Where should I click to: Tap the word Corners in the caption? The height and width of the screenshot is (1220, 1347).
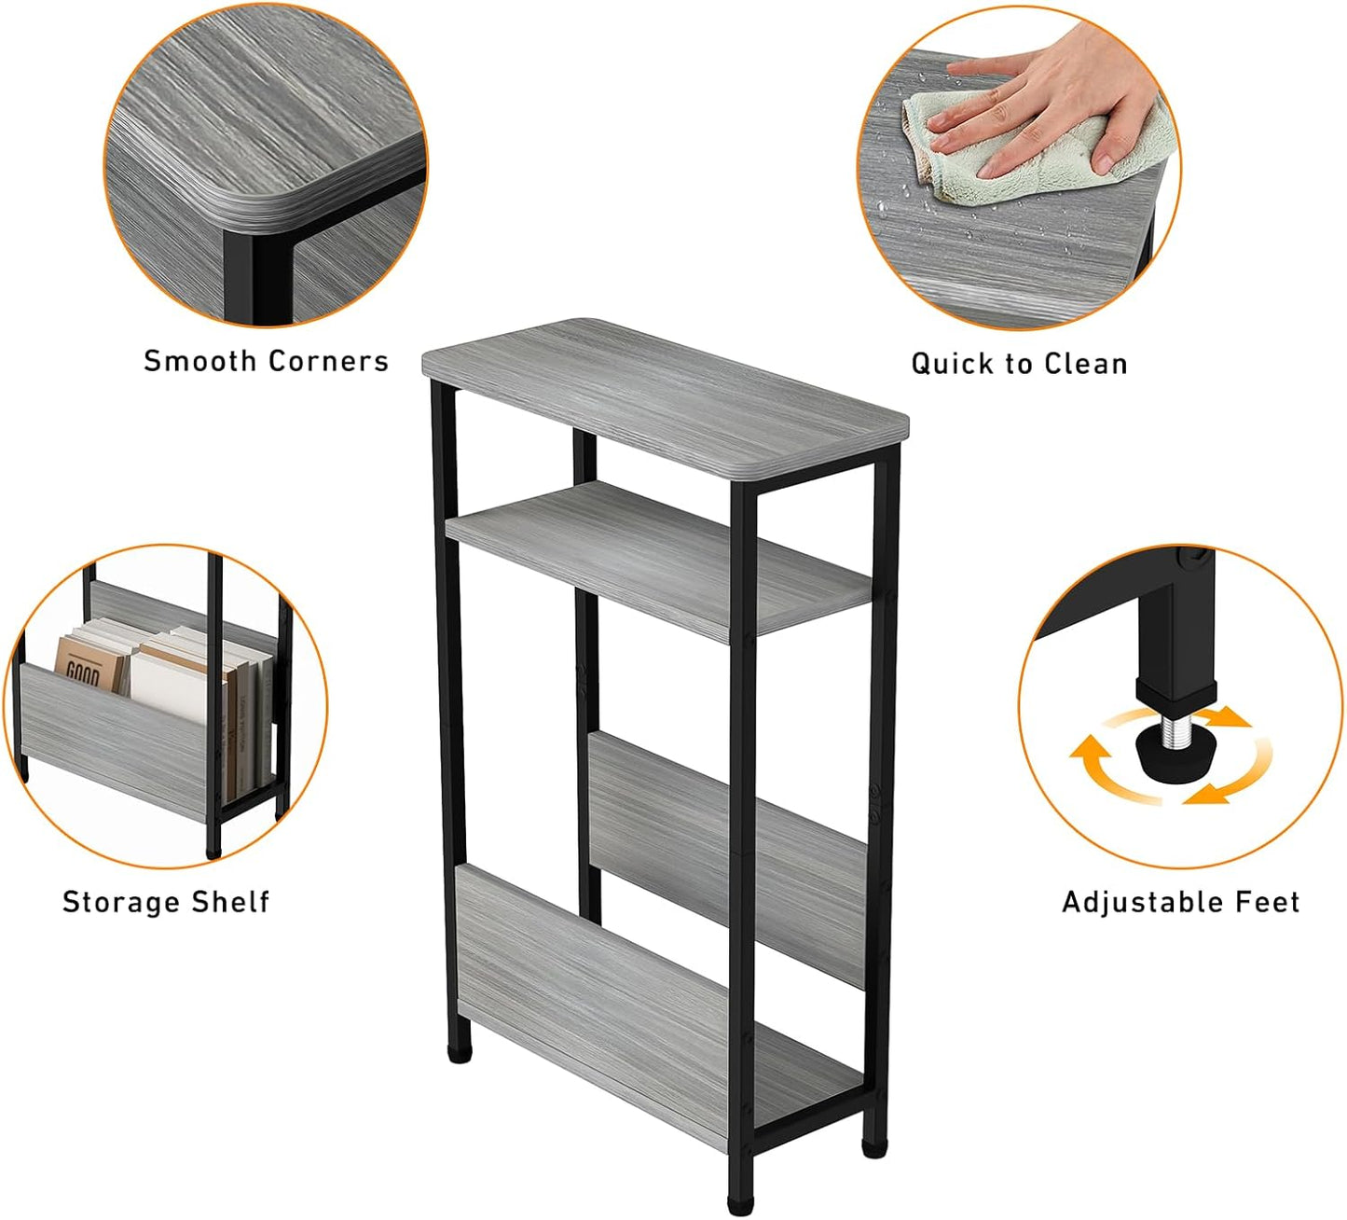pyautogui.click(x=328, y=361)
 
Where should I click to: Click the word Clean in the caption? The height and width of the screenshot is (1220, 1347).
pyautogui.click(x=1086, y=364)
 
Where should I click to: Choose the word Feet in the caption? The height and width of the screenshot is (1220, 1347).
pyautogui.click(x=1268, y=902)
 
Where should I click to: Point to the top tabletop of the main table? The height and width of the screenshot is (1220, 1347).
pyautogui.click(x=664, y=392)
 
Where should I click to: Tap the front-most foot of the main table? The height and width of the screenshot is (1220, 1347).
pyautogui.click(x=739, y=1203)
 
